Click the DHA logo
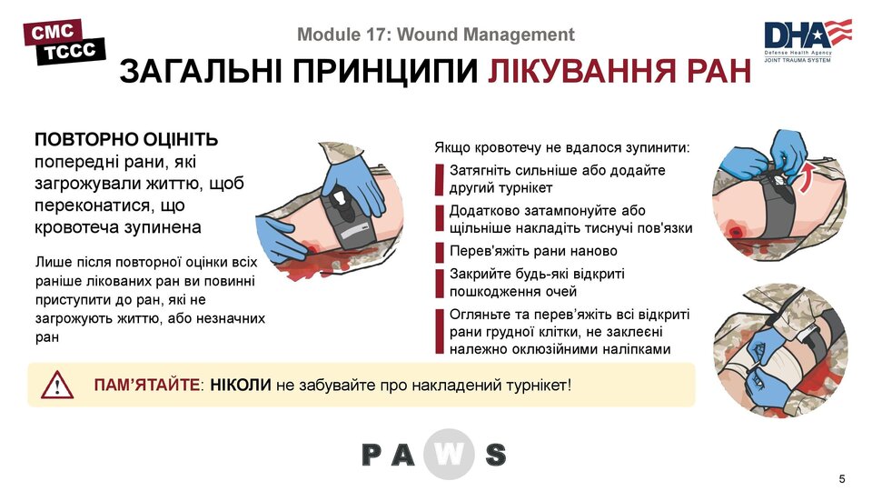point(807,39)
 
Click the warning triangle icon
point(57,386)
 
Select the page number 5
point(841,479)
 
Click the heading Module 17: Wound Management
point(436,35)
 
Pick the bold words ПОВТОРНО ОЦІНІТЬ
point(126,141)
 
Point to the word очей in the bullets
point(560,292)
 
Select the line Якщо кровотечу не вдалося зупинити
point(561,147)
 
